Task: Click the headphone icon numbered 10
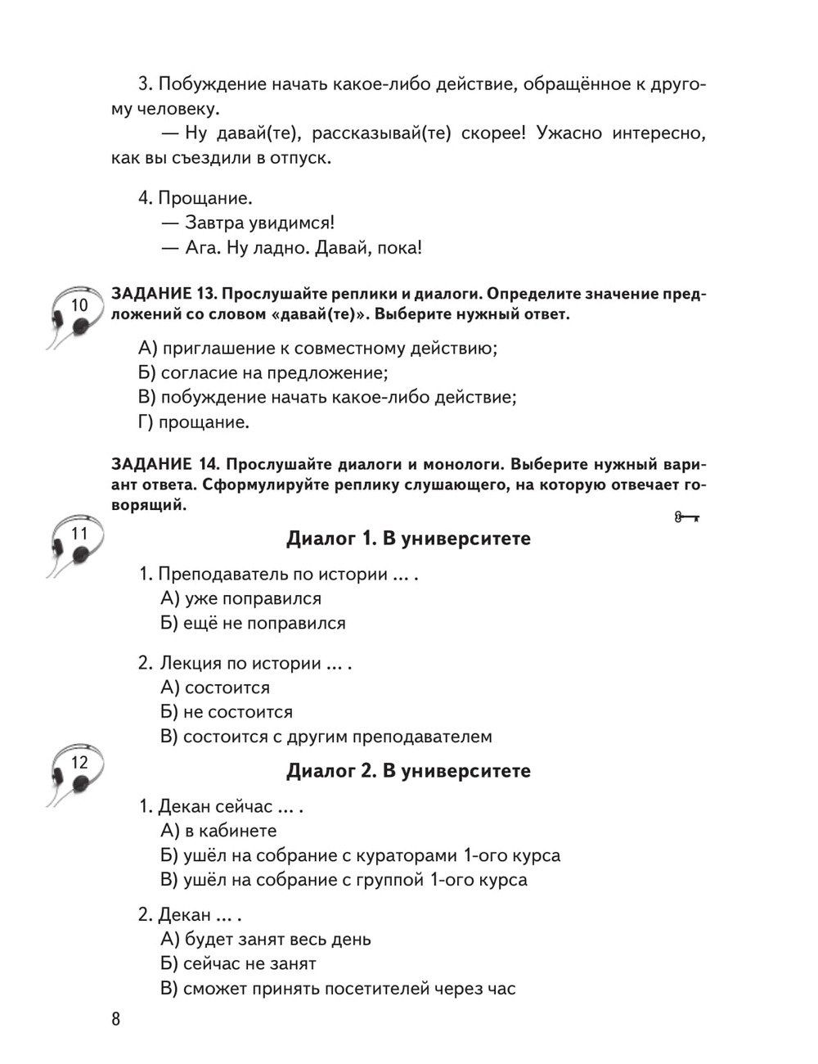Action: point(74,316)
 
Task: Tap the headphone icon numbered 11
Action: point(74,545)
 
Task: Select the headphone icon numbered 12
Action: point(74,774)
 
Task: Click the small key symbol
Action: point(687,517)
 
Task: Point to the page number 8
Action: point(115,1019)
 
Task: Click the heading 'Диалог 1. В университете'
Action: point(408,539)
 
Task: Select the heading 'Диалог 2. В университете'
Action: point(408,771)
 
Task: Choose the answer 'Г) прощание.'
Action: point(193,422)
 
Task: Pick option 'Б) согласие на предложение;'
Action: point(263,373)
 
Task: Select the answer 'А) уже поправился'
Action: point(240,598)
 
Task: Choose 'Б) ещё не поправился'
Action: point(253,623)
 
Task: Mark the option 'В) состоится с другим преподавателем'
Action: point(326,737)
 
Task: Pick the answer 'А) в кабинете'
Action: point(218,831)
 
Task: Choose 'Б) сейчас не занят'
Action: point(238,964)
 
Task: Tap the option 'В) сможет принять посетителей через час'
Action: point(338,989)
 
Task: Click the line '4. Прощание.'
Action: point(195,198)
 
